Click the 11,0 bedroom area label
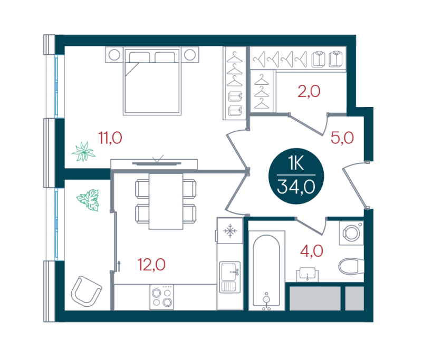tap(110, 138)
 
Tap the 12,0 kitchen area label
tap(151, 265)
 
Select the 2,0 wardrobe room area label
tap(309, 91)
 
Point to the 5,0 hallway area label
tap(342, 138)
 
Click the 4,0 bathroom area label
tap(312, 251)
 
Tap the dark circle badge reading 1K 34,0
tap(296, 176)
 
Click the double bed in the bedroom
tap(152, 81)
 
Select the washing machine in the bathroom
tap(351, 233)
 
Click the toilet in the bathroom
tap(351, 266)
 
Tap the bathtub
tap(266, 270)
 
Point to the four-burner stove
tap(162, 297)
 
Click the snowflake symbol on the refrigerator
tap(230, 231)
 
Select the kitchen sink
tap(230, 277)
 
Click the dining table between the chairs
tap(166, 201)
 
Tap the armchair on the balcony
tap(86, 291)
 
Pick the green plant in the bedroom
tap(83, 152)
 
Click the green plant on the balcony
tap(88, 200)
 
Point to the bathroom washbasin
tap(308, 275)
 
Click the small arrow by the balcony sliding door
tap(119, 266)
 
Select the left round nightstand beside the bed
tap(114, 55)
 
